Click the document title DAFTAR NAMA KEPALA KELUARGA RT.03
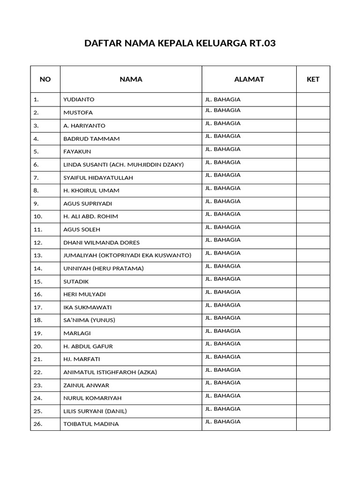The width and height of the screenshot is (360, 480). [180, 44]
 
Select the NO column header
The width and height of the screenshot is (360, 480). [45, 79]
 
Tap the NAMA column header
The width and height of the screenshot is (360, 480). [131, 79]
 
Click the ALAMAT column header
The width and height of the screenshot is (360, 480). [249, 79]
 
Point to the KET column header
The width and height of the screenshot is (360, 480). [313, 79]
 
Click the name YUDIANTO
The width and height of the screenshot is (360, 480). [79, 99]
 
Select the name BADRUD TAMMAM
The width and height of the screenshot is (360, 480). [91, 139]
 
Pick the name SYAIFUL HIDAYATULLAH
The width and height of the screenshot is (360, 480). [98, 178]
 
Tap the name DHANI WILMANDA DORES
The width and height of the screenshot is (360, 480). [101, 242]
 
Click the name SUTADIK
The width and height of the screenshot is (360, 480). [76, 281]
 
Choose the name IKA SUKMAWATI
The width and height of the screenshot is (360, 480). [87, 307]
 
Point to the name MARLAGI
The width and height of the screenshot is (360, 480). [77, 333]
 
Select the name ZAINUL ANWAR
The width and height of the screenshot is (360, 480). [86, 385]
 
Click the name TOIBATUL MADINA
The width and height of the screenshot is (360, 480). [91, 424]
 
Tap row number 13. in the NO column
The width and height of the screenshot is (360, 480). [38, 255]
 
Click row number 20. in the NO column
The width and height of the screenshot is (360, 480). [38, 346]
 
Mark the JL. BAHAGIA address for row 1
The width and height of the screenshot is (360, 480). [223, 99]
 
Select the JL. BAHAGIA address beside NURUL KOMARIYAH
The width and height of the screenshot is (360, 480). [223, 396]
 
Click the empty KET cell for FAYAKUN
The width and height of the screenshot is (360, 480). [313, 151]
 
